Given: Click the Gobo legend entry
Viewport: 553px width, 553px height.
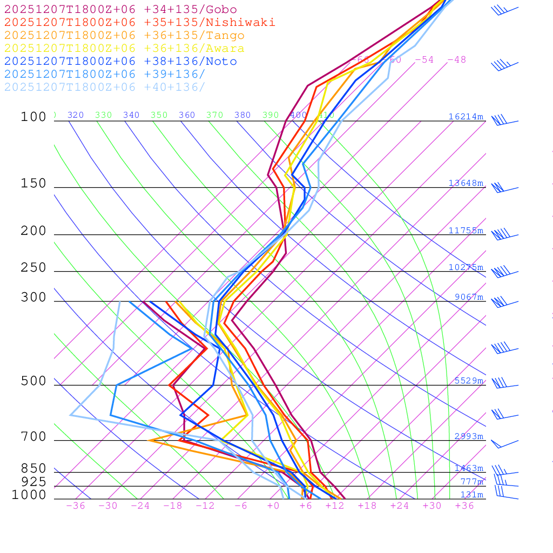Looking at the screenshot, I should coord(120,10).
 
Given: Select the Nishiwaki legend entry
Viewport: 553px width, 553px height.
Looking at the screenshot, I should coord(139,23).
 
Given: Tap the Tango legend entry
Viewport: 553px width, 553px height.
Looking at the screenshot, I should coord(124,36).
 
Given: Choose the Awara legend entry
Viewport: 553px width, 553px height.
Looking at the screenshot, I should coord(124,49).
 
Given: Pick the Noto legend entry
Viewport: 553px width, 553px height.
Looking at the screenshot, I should coord(120,62).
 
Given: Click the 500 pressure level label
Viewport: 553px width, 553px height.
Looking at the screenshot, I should coord(33,381).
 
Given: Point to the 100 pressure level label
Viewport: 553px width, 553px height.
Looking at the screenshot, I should coord(33,117).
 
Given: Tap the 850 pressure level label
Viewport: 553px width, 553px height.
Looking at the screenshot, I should coord(33,469).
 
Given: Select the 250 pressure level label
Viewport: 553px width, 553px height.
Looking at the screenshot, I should coord(33,268).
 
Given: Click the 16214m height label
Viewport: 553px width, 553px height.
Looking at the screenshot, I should coord(466,117).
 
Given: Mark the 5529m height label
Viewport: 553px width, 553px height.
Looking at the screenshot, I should coord(469,381).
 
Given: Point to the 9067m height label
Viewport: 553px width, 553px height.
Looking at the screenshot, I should coord(469,297).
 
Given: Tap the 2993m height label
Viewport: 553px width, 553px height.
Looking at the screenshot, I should coord(469,436).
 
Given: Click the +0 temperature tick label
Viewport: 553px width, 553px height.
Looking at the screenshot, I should coord(273,506).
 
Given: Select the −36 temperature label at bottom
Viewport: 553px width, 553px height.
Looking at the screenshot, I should coord(76,506).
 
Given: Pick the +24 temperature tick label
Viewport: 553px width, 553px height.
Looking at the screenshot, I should coord(400,506).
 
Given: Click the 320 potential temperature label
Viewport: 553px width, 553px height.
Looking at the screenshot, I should coord(76,115).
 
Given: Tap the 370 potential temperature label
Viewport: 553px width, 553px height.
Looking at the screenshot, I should coord(214,115).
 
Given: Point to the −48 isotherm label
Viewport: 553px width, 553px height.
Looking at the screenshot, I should coord(456,60).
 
